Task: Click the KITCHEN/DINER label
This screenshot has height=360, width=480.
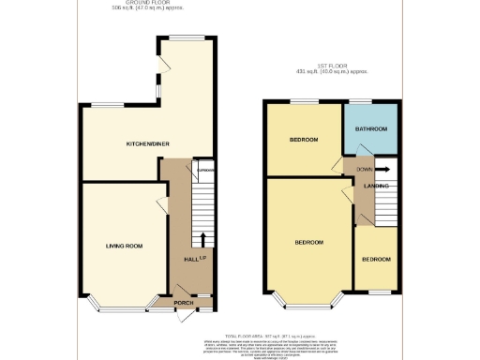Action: tap(147, 144)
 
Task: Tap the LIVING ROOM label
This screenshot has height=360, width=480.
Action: tap(123, 246)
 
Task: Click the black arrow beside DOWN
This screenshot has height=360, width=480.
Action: tap(384, 170)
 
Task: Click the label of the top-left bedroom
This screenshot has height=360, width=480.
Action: tap(302, 140)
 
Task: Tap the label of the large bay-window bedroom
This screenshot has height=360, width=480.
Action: tap(308, 242)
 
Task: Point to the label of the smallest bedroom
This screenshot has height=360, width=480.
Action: tap(376, 259)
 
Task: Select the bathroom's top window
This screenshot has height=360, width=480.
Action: tap(364, 100)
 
